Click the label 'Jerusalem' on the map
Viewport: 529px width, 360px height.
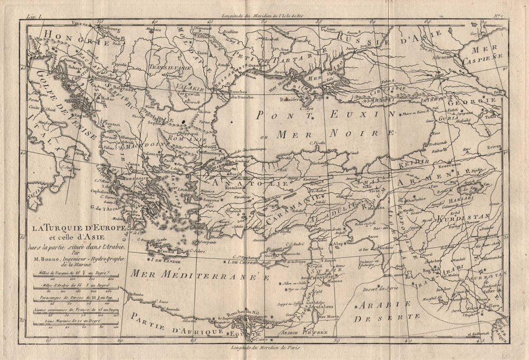point(308,306)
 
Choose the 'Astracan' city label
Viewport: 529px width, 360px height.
point(442,55)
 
